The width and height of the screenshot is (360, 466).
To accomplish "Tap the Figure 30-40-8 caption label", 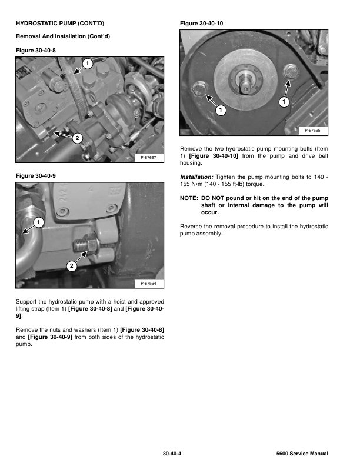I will point(39,51).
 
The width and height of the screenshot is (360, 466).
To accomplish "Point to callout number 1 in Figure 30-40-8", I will point(86,62).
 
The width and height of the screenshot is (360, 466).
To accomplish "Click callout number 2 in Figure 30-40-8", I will point(76,139).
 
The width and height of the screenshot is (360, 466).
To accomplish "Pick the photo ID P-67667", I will point(149,157).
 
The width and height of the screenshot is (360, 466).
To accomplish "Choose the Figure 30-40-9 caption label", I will point(39,175).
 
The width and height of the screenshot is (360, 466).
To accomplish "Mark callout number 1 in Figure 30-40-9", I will point(38,222).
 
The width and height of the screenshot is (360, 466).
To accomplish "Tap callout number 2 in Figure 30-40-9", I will point(71,267).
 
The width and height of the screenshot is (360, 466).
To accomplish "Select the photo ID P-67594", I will point(149,284).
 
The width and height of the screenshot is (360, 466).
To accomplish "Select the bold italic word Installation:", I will point(196,177).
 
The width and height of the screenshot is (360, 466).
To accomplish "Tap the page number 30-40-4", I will point(174,454).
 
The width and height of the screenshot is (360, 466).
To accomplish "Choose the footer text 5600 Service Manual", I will point(301,454).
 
